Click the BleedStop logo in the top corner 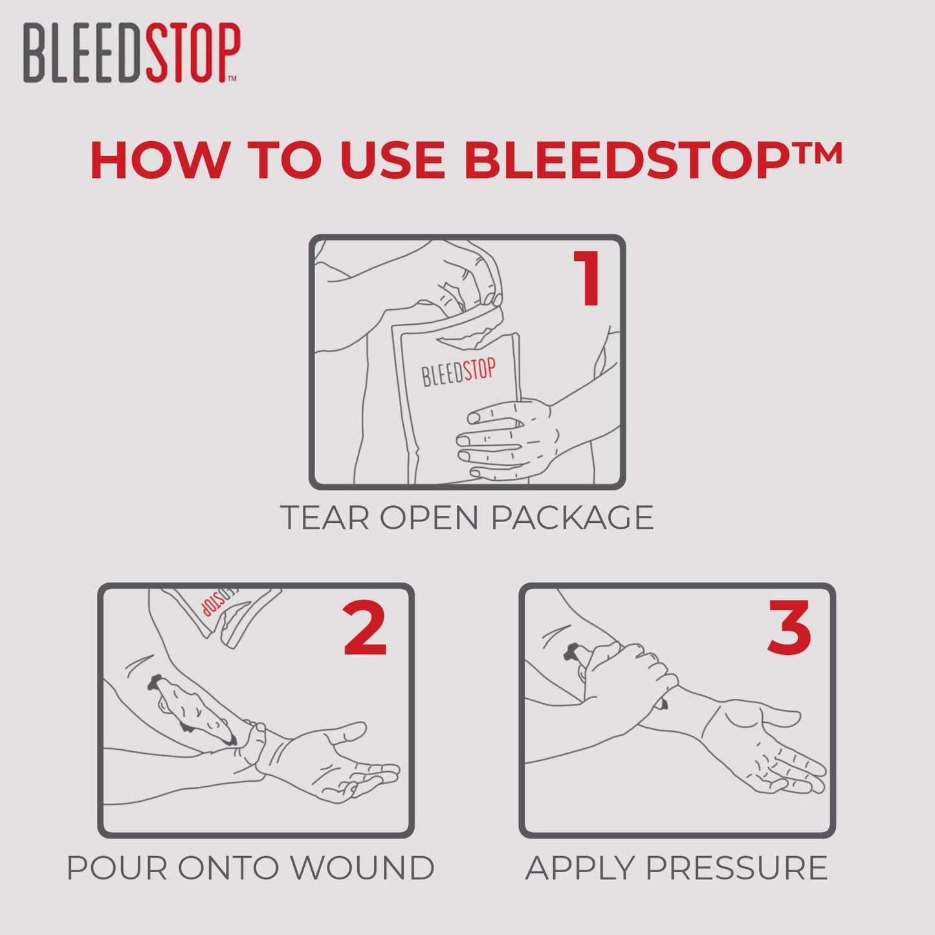click(131, 52)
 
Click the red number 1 click(588, 279)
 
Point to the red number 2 click(365, 628)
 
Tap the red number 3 click(789, 628)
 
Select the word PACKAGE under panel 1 click(572, 518)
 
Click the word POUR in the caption click(117, 868)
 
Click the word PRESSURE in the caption click(737, 868)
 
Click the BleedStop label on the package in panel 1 click(458, 372)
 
